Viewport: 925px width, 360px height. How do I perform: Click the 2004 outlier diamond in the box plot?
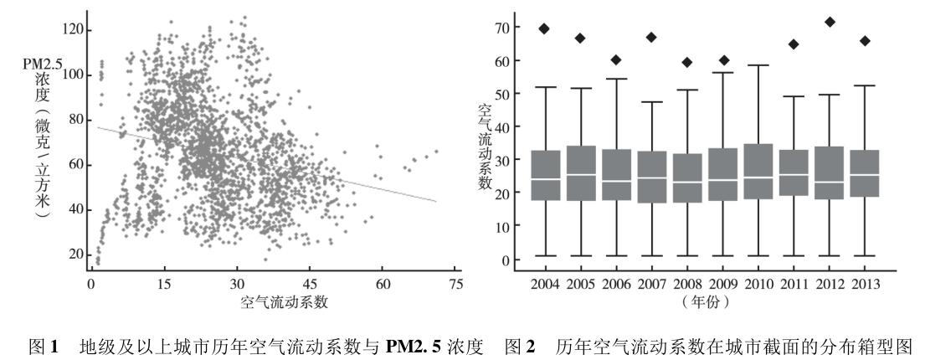pyautogui.click(x=543, y=28)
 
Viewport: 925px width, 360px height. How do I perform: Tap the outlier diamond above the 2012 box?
pyautogui.click(x=807, y=22)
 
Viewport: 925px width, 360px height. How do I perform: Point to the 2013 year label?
pyautogui.click(x=864, y=285)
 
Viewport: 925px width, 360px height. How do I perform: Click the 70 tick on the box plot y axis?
pyautogui.click(x=501, y=28)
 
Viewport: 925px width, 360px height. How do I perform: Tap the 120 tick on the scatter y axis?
pyautogui.click(x=74, y=30)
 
